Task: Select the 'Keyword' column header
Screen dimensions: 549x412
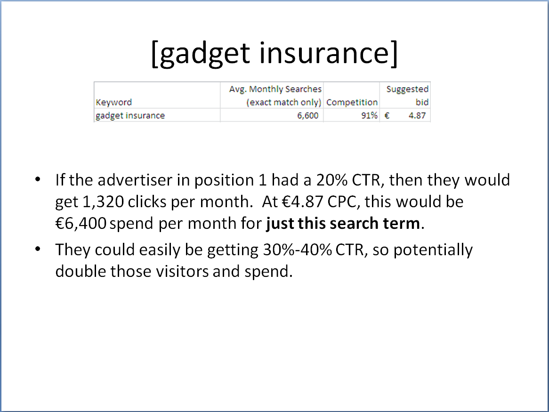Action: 114,102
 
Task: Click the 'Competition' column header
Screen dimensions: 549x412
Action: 352,102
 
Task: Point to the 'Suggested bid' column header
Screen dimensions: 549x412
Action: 408,96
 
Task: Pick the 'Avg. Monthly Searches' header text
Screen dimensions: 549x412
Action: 275,89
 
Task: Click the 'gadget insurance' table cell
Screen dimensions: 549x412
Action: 130,115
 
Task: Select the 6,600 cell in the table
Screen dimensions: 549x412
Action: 308,115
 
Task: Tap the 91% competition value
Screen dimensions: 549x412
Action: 370,115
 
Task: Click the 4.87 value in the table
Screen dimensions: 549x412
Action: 417,115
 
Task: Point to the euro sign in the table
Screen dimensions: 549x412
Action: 387,115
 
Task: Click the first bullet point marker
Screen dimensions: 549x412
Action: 38,180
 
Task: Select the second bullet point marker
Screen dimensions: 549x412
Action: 38,249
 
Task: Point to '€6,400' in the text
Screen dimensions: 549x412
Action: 81,223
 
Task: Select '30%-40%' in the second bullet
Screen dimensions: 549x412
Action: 297,250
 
